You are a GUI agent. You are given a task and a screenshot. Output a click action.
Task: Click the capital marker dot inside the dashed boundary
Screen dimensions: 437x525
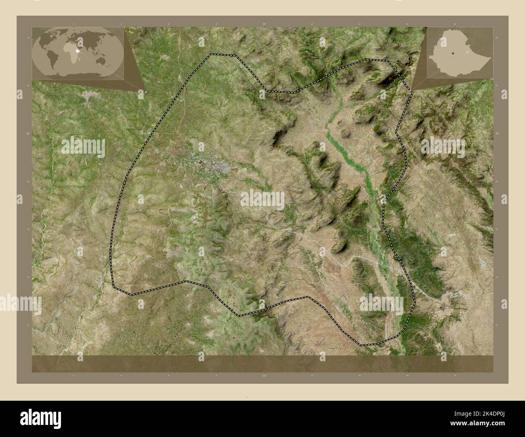tap(200, 162)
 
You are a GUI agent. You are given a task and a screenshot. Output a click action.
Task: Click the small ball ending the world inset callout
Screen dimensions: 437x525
tap(146, 92)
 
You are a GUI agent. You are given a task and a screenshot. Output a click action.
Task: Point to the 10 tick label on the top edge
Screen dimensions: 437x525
tap(264, 24)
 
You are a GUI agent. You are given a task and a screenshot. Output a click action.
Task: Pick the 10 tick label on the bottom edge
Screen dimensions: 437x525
tap(264, 375)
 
